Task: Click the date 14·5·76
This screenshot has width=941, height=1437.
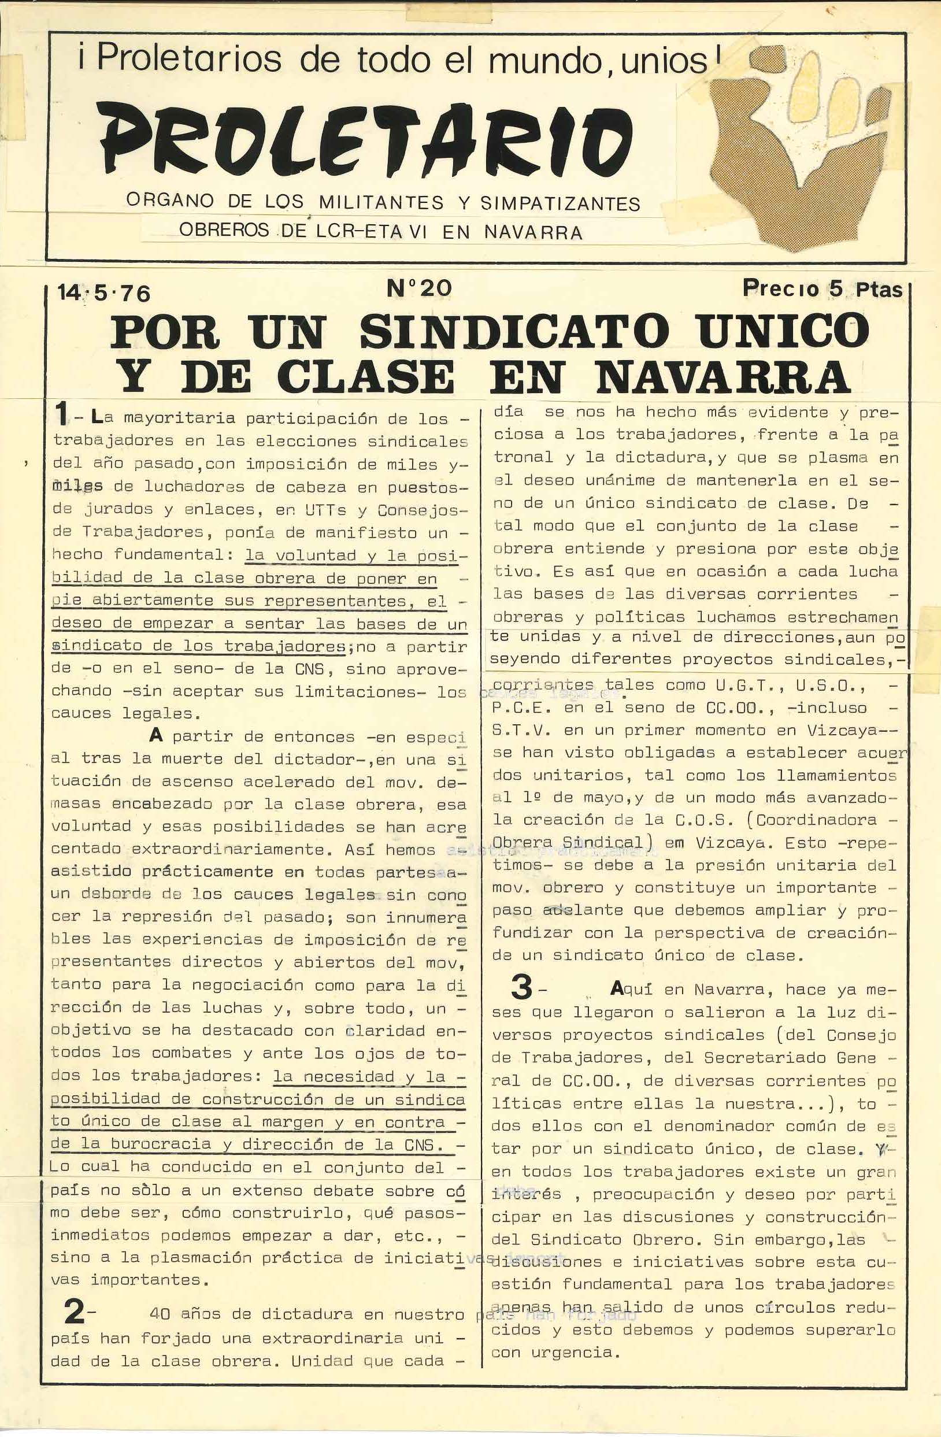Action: tap(103, 293)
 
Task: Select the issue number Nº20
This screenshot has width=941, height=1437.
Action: tap(419, 287)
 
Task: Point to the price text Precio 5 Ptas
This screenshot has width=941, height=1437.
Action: tap(821, 288)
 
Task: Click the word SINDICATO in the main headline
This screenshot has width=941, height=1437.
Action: tap(514, 331)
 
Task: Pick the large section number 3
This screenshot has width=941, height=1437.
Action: tap(521, 988)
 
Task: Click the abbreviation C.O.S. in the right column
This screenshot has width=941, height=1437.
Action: tap(688, 820)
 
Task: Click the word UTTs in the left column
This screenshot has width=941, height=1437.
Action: tap(325, 510)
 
